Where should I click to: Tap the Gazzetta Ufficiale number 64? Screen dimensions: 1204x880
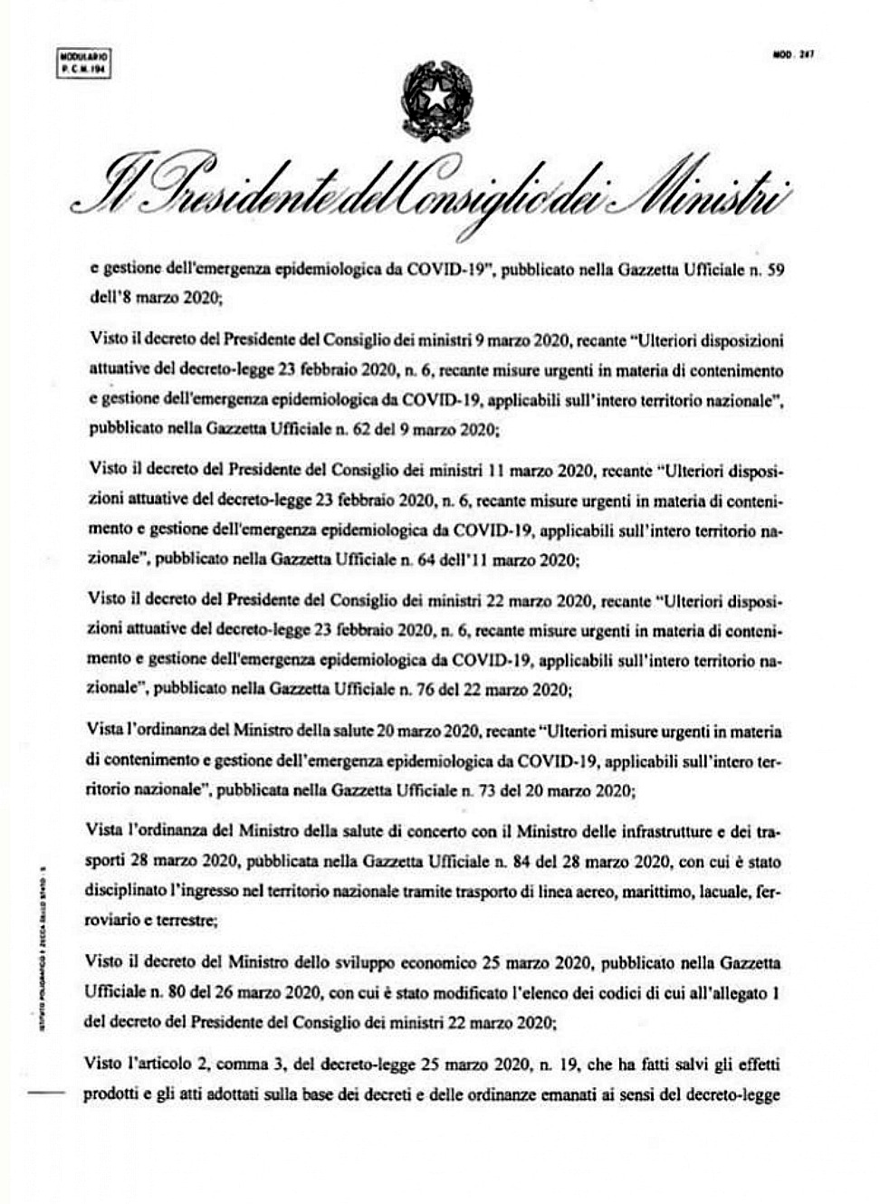[423, 560]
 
